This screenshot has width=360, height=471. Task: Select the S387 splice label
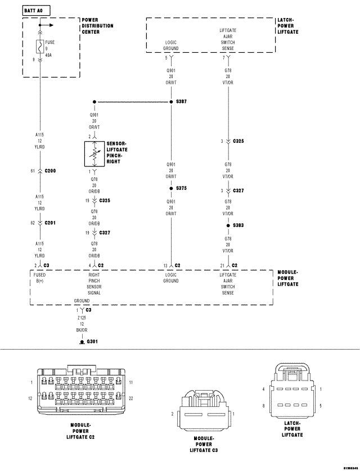181,102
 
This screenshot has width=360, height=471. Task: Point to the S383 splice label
238,225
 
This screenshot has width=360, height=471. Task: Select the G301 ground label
92,341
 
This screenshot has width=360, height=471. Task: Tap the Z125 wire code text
83,317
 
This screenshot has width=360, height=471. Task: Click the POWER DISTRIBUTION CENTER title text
97,26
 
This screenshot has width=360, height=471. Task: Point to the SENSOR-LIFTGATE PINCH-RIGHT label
116,152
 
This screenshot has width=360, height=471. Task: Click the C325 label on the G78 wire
238,141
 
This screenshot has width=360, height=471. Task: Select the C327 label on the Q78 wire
105,232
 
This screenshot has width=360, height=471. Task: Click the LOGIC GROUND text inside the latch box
171,45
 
